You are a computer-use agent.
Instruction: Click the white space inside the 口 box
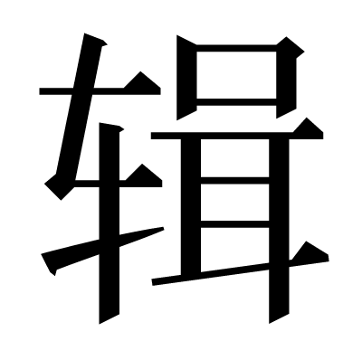pyautogui.click(x=236, y=75)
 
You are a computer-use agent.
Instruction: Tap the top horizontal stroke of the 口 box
pyautogui.click(x=236, y=48)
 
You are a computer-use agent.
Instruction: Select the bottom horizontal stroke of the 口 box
pyautogui.click(x=236, y=102)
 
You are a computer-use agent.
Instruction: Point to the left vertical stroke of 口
pyautogui.click(x=186, y=77)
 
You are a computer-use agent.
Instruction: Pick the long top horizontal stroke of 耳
pyautogui.click(x=237, y=136)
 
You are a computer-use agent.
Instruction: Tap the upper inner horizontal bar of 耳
pyautogui.click(x=234, y=180)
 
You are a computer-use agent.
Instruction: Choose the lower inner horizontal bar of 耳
pyautogui.click(x=234, y=224)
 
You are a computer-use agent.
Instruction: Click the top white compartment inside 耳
pyautogui.click(x=234, y=158)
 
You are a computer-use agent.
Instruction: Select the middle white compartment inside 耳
pyautogui.click(x=234, y=202)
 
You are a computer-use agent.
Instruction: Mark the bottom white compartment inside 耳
pyautogui.click(x=234, y=249)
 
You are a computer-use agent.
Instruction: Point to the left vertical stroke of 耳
pyautogui.click(x=191, y=206)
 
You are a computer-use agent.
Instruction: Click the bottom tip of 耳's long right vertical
pyautogui.click(x=270, y=323)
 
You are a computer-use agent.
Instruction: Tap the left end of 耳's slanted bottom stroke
pyautogui.click(x=152, y=282)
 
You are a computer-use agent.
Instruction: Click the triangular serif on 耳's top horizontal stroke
pyautogui.click(x=309, y=127)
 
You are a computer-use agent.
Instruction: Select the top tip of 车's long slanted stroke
pyautogui.click(x=85, y=33)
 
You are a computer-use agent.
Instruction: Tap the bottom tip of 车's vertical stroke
pyautogui.click(x=100, y=324)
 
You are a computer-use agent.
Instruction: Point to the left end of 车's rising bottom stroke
pyautogui.click(x=42, y=254)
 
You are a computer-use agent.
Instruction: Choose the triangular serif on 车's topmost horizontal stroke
pyautogui.click(x=142, y=81)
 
